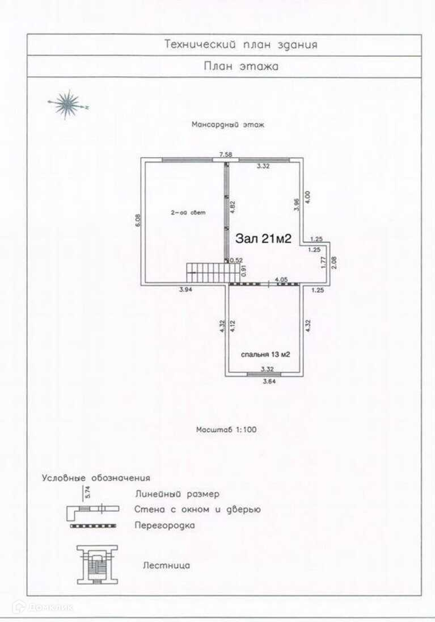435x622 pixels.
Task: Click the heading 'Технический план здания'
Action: pyautogui.click(x=240, y=44)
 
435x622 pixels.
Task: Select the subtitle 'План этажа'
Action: pyautogui.click(x=241, y=66)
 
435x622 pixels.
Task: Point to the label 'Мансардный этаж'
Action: pyautogui.click(x=227, y=124)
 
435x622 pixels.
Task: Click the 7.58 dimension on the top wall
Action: pyautogui.click(x=226, y=154)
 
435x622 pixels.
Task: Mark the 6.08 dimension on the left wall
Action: pyautogui.click(x=137, y=220)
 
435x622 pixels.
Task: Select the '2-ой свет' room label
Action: pyautogui.click(x=188, y=213)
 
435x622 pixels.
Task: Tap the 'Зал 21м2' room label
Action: pyautogui.click(x=263, y=239)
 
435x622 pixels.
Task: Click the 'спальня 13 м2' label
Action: pyautogui.click(x=265, y=354)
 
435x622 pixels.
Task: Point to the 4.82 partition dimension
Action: pyautogui.click(x=232, y=206)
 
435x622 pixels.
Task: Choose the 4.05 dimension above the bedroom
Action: pyautogui.click(x=280, y=279)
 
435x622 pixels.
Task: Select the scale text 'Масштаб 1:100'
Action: pyautogui.click(x=226, y=429)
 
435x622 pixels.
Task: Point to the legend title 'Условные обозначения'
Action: pyautogui.click(x=96, y=478)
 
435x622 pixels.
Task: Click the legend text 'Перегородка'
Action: pyautogui.click(x=164, y=525)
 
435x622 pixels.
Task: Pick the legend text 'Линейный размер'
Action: pyautogui.click(x=177, y=494)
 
